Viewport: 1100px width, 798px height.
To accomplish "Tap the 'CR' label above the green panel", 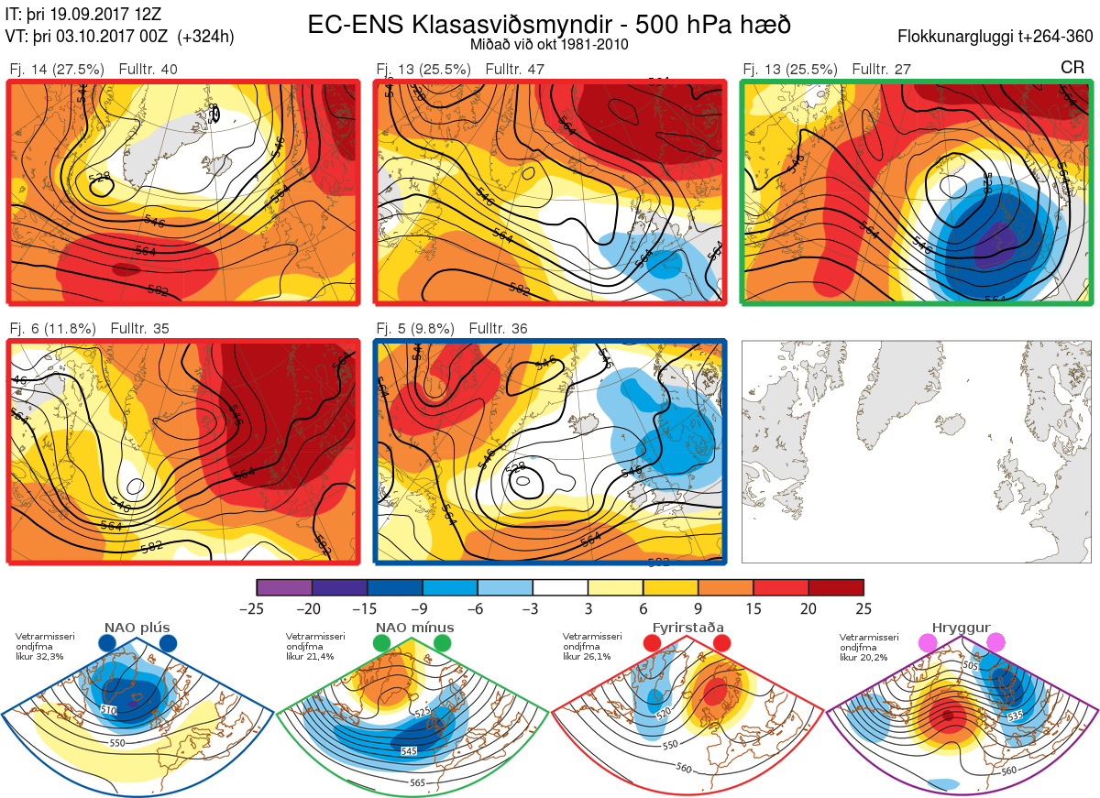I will click(1072, 68).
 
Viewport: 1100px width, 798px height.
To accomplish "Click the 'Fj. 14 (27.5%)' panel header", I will click(57, 70).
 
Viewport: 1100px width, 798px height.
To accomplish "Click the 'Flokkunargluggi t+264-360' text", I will click(997, 38).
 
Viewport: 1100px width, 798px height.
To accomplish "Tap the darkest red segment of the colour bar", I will click(836, 587).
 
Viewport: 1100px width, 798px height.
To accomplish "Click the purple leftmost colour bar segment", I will click(284, 587).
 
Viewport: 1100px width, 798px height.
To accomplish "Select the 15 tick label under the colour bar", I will click(753, 608).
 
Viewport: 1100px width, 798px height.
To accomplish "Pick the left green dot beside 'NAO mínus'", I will click(382, 644).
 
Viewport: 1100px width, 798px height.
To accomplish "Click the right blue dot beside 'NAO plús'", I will click(168, 644).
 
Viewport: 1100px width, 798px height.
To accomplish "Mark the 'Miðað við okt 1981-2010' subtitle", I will click(547, 44).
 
